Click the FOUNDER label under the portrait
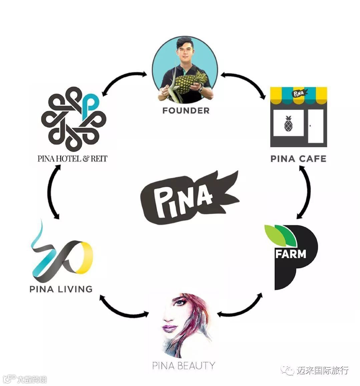click(x=186, y=111)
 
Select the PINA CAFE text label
click(x=298, y=158)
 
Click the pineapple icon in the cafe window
click(x=288, y=124)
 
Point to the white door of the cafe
click(x=316, y=126)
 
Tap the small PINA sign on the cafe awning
click(x=299, y=93)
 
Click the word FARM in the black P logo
click(x=290, y=254)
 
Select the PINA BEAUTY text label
click(x=183, y=365)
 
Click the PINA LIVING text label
click(x=61, y=289)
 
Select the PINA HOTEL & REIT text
click(x=72, y=158)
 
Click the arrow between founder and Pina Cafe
click(x=244, y=81)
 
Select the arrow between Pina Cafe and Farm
click(x=306, y=192)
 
